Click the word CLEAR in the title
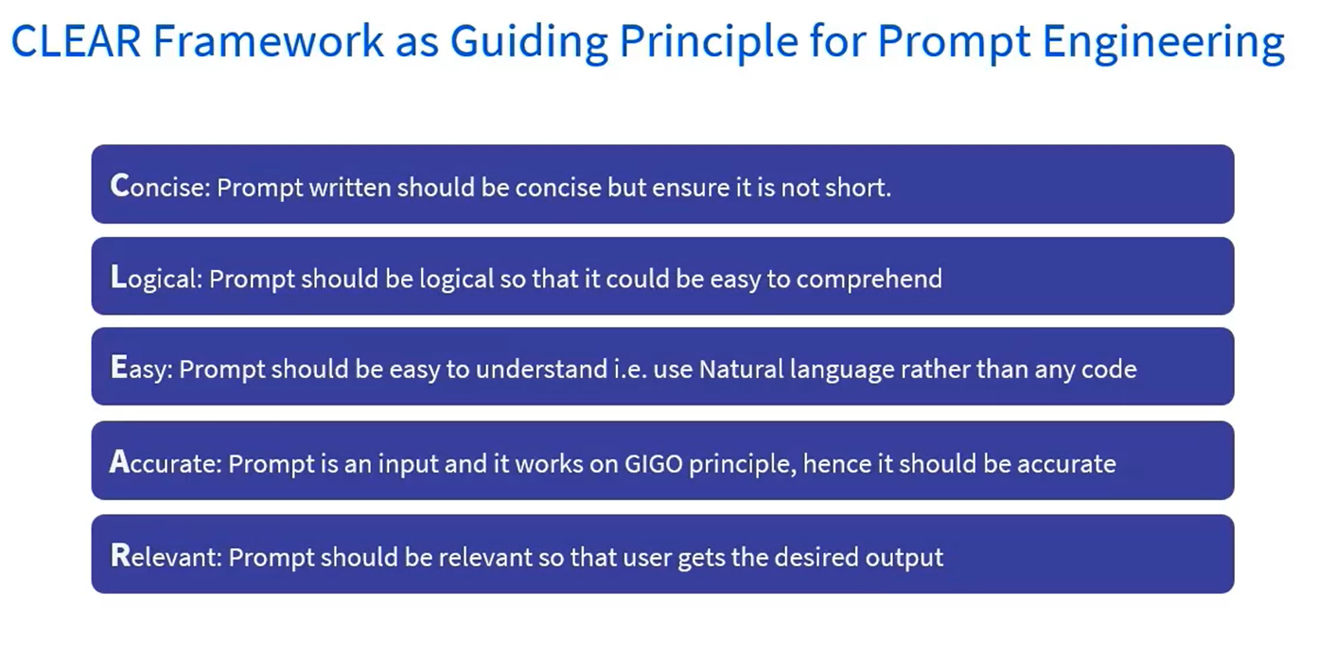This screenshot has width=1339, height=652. (76, 41)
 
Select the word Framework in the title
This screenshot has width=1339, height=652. (268, 41)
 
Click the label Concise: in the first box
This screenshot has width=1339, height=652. (160, 186)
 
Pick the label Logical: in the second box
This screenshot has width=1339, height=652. (157, 278)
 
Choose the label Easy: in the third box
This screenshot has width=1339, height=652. (142, 368)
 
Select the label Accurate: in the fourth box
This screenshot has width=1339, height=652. (166, 462)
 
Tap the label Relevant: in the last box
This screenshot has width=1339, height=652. (166, 556)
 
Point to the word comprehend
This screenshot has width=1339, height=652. (869, 279)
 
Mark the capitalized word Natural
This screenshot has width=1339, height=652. (741, 369)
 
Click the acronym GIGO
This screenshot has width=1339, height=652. (653, 463)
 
